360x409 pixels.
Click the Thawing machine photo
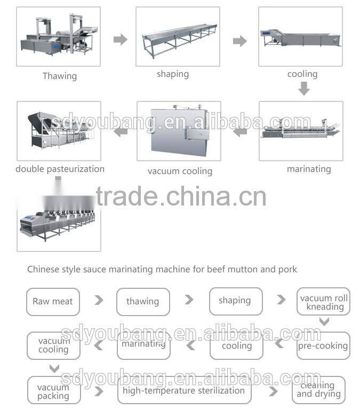click(x=59, y=36)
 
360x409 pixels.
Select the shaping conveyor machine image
click(x=178, y=36)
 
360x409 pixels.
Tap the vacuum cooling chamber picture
click(x=179, y=131)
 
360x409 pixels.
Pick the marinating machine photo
click(x=301, y=131)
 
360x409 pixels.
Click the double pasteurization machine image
click(x=59, y=131)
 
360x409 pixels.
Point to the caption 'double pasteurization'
click(x=60, y=169)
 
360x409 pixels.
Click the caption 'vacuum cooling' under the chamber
click(x=180, y=171)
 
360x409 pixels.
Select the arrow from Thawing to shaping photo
click(x=121, y=40)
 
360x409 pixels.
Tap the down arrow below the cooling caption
click(x=303, y=89)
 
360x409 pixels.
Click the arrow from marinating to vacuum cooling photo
click(x=240, y=131)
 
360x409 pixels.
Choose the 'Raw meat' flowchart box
click(x=53, y=302)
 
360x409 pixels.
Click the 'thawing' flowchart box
click(x=143, y=302)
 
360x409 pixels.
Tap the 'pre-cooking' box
click(x=323, y=345)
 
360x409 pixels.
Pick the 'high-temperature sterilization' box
click(x=184, y=390)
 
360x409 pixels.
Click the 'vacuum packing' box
click(x=53, y=391)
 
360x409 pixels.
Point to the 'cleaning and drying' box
click(x=318, y=390)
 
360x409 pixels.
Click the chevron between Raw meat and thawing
click(x=99, y=300)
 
